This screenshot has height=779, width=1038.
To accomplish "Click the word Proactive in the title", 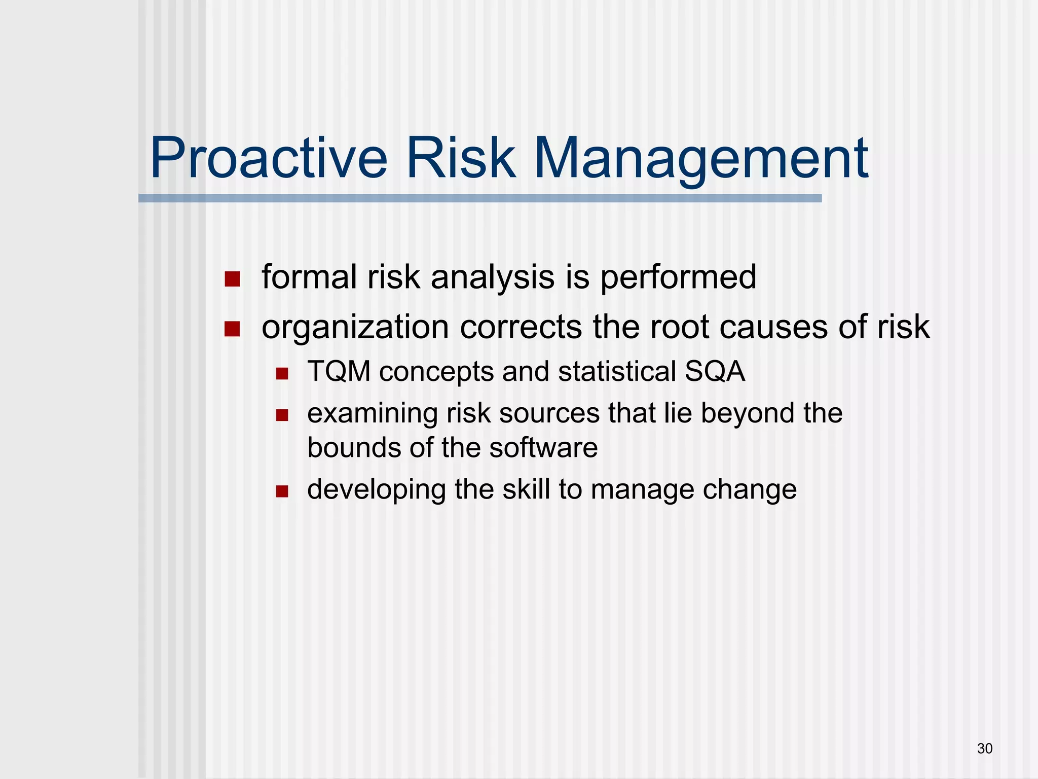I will click(269, 158).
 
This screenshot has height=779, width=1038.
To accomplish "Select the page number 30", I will click(985, 749).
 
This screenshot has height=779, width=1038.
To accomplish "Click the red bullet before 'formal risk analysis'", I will click(232, 279).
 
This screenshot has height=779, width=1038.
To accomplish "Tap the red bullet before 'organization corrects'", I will click(232, 329).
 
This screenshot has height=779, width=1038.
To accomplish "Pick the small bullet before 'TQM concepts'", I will click(282, 374).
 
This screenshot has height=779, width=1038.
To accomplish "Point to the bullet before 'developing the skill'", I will click(282, 491).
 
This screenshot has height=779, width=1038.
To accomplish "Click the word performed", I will click(678, 278).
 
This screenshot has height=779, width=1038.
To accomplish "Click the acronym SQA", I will click(715, 371).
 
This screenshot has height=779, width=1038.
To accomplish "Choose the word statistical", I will click(617, 371).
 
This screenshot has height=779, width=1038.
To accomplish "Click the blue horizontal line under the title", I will click(479, 198).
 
